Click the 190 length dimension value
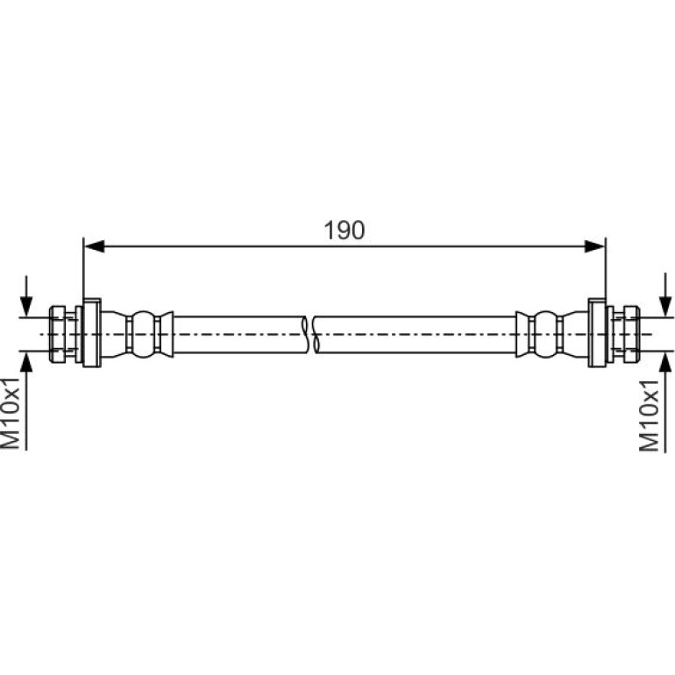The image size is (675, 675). click(x=345, y=231)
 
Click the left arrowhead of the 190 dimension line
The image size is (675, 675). click(x=95, y=246)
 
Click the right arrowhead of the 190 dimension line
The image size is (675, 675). click(x=594, y=246)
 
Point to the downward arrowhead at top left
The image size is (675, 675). click(x=26, y=306)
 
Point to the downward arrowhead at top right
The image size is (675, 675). click(x=665, y=306)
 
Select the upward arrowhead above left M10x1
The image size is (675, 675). click(x=26, y=362)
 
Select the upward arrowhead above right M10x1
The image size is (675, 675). click(x=665, y=362)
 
